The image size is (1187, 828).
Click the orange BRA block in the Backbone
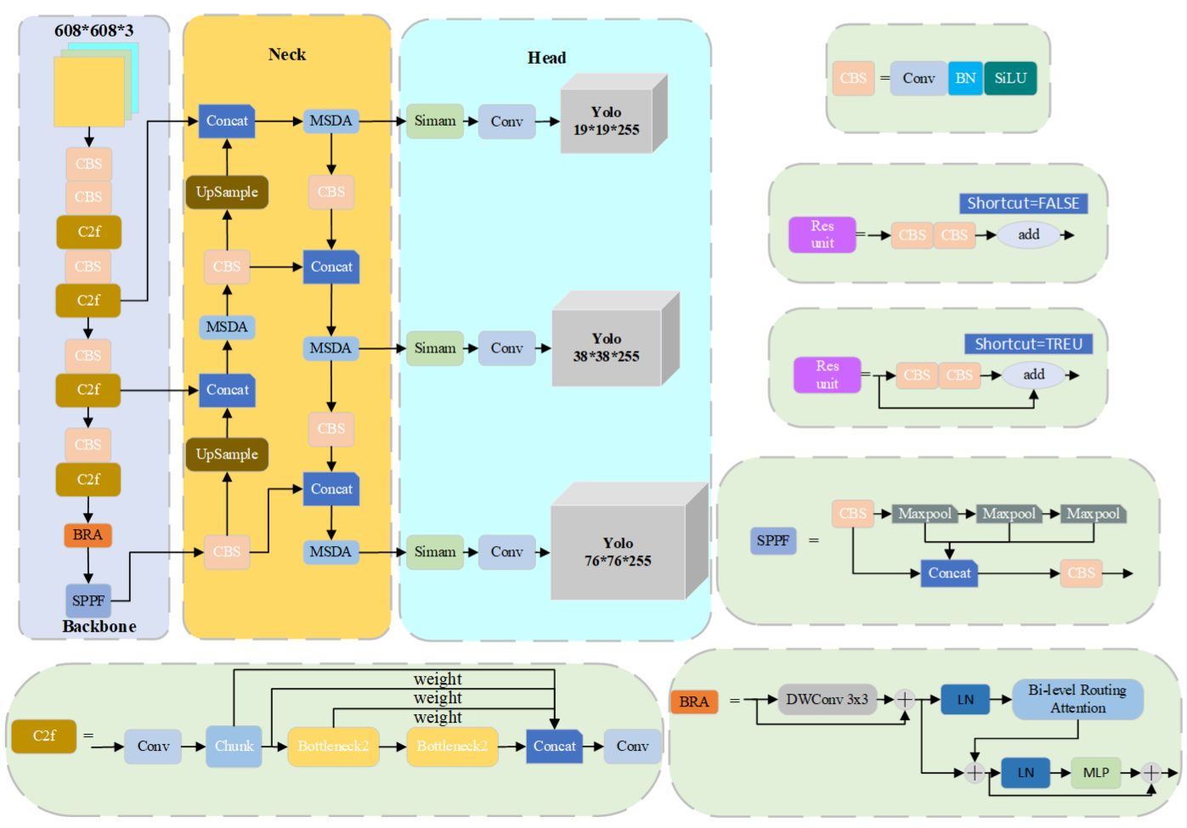click(x=88, y=535)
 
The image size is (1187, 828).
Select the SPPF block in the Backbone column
click(x=88, y=600)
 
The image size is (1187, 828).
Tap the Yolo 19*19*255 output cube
click(x=607, y=121)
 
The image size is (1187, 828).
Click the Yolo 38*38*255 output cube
click(x=607, y=348)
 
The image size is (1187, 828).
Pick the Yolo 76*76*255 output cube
click(x=618, y=552)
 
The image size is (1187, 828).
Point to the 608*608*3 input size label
click(x=93, y=31)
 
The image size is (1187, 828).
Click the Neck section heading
click(x=287, y=54)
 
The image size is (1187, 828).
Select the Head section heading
click(x=546, y=58)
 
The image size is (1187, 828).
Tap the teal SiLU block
click(x=1010, y=78)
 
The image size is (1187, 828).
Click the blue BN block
click(x=965, y=78)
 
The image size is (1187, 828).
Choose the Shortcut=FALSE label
click(x=1023, y=203)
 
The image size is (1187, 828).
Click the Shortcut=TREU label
click(x=1028, y=344)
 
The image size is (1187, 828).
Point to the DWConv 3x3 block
click(x=827, y=700)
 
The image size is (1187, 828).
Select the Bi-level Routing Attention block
click(x=1077, y=699)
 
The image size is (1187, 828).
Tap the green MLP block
click(x=1096, y=773)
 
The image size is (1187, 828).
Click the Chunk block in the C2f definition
click(x=234, y=746)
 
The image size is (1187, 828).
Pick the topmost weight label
click(x=438, y=679)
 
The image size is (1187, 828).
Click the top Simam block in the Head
click(x=435, y=121)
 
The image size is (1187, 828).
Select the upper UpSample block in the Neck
click(x=227, y=192)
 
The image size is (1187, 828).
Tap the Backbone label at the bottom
click(x=99, y=627)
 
